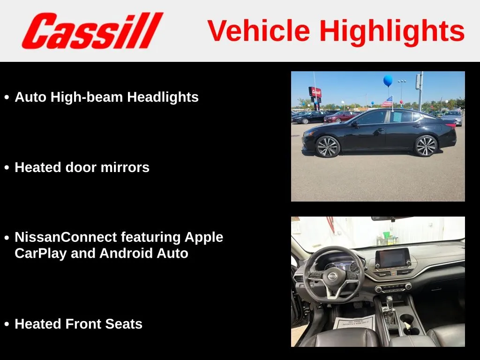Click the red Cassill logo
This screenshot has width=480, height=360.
[92, 30]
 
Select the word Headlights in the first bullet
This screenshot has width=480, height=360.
[163, 97]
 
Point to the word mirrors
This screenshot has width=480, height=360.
[125, 167]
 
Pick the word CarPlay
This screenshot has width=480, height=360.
[40, 254]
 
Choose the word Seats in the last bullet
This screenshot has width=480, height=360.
[124, 324]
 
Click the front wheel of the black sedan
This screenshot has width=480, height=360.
[328, 147]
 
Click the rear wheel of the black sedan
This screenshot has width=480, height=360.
[426, 146]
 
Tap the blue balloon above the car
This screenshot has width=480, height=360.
[388, 81]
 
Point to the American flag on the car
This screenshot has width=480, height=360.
[387, 101]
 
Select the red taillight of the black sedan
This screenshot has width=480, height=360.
[450, 125]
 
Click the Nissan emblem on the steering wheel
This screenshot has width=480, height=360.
[332, 276]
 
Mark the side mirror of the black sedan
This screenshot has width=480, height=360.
[354, 123]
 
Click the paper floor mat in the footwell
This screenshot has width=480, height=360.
[354, 322]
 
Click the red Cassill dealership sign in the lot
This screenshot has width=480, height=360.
[315, 91]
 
